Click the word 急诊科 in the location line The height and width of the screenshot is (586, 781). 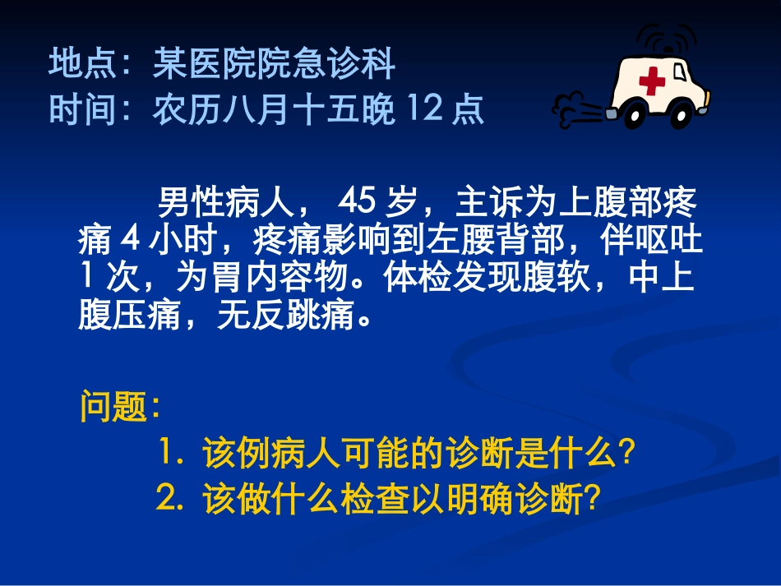(x=345, y=64)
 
